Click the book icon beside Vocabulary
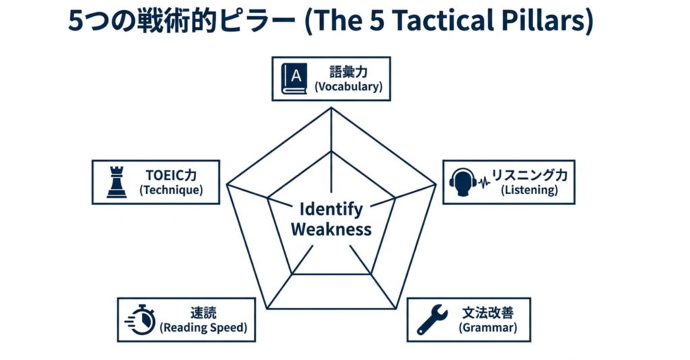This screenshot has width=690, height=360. (294, 78)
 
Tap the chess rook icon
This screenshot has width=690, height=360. (117, 182)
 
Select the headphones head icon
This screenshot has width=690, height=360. (464, 182)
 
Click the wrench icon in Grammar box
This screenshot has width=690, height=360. (432, 320)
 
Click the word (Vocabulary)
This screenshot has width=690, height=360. (348, 87)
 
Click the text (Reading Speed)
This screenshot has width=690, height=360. (203, 328)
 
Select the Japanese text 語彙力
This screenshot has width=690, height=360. (348, 71)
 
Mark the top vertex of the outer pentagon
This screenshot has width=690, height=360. (332, 109)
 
